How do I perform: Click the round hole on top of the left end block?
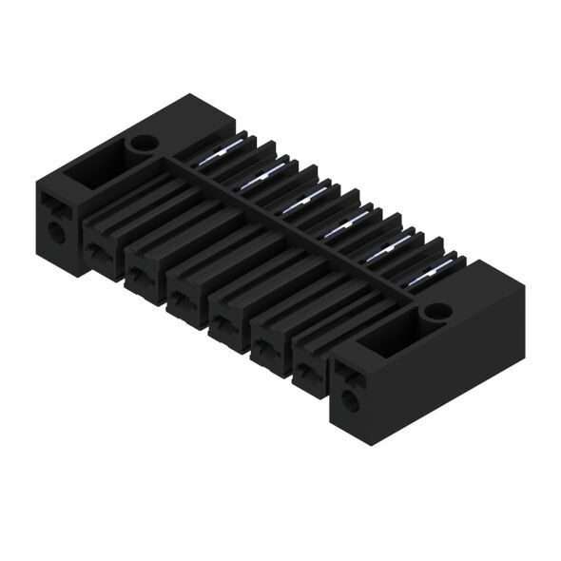[143, 145]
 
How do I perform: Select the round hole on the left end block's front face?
[55, 231]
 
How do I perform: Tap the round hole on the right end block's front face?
[349, 401]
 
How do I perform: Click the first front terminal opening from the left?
[99, 250]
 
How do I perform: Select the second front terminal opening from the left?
[140, 275]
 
